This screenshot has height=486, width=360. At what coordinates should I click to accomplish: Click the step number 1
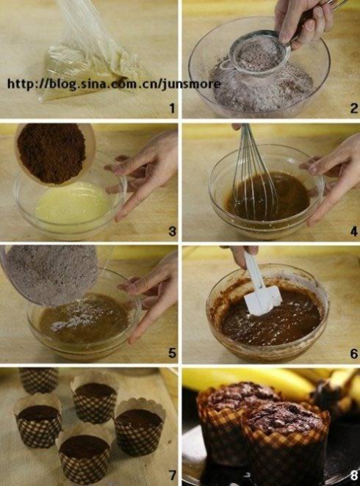point(172,108)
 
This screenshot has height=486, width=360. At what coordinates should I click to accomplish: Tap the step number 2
point(354,108)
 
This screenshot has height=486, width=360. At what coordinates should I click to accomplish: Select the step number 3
point(172,231)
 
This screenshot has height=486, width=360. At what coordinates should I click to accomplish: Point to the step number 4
point(354,231)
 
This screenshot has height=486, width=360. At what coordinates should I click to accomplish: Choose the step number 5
point(172,353)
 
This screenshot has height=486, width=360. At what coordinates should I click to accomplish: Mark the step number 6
point(354,353)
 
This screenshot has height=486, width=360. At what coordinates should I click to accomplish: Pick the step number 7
point(172,475)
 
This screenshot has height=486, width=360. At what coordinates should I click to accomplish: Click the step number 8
point(354,475)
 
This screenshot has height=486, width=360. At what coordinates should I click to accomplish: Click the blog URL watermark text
point(114,84)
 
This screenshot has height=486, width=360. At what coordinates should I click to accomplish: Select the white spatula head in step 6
point(263,300)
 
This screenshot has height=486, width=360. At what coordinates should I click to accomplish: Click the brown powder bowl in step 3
point(54,153)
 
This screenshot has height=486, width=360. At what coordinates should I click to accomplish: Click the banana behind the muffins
point(248,382)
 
